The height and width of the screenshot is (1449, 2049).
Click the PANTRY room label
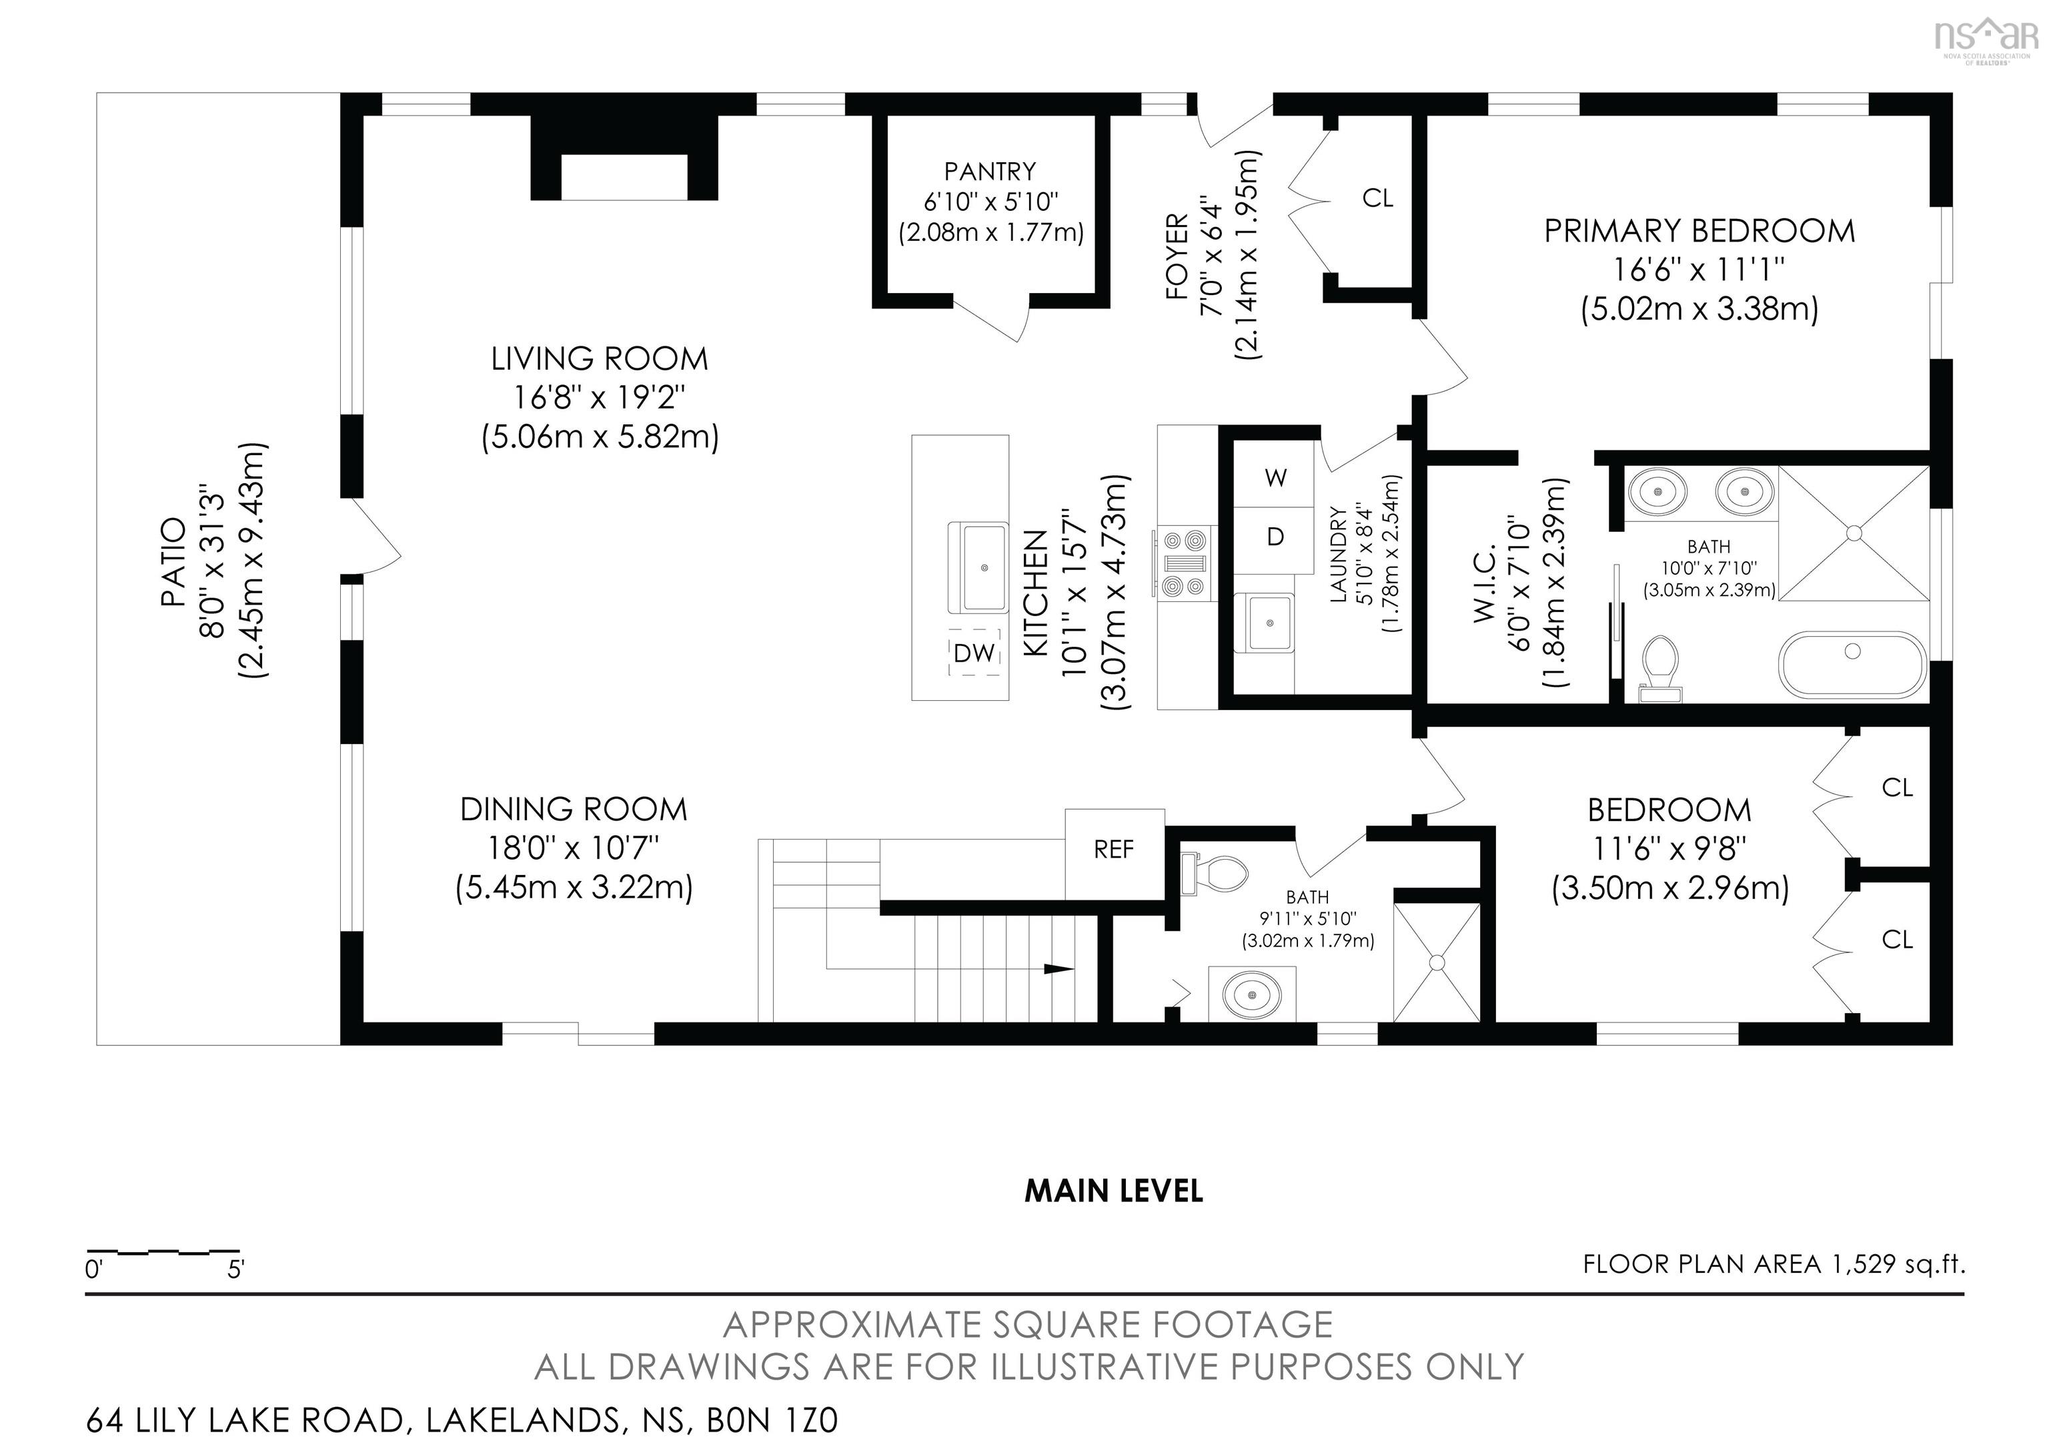coord(990,172)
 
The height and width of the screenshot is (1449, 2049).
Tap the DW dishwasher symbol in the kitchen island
coord(974,653)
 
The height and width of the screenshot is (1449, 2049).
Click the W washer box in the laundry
coord(1275,478)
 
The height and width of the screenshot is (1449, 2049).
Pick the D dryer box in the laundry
coord(1275,537)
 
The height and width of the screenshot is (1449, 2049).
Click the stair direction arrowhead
coord(1059,968)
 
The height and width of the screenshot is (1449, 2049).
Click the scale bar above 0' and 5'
coord(163,1251)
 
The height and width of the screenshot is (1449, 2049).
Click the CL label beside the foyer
coord(1377,198)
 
